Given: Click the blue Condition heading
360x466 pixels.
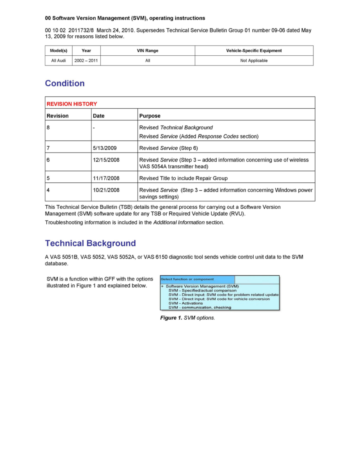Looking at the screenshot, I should pos(65,84).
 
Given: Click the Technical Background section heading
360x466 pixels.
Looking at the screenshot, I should pos(90,243).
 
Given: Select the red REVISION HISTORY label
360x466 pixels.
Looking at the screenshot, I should pos(72,104).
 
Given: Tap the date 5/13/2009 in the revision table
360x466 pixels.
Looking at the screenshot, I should pos(105,148).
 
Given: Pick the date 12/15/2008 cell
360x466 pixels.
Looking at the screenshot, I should pos(106,160).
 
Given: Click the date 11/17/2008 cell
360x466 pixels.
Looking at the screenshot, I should pos(106,178).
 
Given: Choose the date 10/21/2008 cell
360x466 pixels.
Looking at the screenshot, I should pos(106,190).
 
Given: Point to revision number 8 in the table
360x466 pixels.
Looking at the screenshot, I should pos(48,127).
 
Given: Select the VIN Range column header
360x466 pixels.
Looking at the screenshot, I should pos(147,51).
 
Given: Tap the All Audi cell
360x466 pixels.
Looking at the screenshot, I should pos(59,60).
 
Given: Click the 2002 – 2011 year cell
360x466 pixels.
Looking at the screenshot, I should pos(86,60).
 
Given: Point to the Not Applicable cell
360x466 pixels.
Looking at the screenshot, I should pos(254,60).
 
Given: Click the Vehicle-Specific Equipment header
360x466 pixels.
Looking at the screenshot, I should pos(254,51).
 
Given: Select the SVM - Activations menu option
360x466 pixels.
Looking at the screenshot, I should pos(185,303).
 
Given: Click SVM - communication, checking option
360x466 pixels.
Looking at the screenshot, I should pos(200,308).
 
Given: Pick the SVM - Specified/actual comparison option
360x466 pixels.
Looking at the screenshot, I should pos(202,291).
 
